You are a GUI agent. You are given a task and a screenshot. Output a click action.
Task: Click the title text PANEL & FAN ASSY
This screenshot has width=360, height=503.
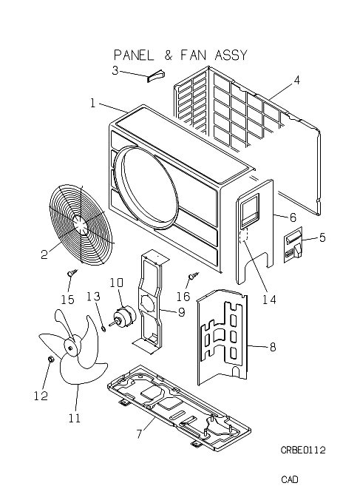pos(180,55)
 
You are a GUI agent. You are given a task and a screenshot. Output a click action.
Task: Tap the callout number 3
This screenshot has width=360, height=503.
pos(115,70)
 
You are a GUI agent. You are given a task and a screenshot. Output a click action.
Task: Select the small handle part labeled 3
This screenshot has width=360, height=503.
pos(155,76)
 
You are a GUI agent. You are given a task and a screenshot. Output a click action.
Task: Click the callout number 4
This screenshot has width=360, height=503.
pos(297,80)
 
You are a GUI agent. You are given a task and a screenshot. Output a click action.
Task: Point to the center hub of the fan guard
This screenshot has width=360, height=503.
pos(80,223)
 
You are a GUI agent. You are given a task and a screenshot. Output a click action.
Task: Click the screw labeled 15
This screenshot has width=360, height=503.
pos(72,273)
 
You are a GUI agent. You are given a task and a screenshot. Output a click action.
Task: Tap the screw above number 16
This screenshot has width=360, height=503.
pos(193,275)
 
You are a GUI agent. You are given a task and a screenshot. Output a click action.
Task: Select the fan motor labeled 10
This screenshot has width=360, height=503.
pos(123,317)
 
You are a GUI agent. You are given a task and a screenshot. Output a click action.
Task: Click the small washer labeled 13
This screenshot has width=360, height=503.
pos(103,328)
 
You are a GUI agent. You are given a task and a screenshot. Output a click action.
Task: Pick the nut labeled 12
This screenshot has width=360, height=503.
pos(50,359)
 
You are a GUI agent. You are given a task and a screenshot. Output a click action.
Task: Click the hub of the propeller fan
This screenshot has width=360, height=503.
pos(71,347)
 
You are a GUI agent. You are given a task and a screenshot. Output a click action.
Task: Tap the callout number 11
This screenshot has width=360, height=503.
pos(74,419)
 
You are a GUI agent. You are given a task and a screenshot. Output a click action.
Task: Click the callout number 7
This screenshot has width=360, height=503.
pos(139,433)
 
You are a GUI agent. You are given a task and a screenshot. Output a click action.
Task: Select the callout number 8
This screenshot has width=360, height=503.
pos(273,347)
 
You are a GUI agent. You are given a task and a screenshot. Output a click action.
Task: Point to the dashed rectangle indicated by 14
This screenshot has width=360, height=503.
pos(244,236)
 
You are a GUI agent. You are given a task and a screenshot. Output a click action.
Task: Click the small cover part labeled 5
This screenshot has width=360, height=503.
pos(293,245)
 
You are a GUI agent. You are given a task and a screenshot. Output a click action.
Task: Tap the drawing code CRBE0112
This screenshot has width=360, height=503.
pos(303,450)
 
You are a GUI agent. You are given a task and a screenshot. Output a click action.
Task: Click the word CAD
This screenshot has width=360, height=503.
pos(290,479)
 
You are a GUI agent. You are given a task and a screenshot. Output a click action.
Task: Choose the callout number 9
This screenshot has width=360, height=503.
pos(181,312)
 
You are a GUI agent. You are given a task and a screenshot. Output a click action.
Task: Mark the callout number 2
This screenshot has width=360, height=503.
pos(44,254)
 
